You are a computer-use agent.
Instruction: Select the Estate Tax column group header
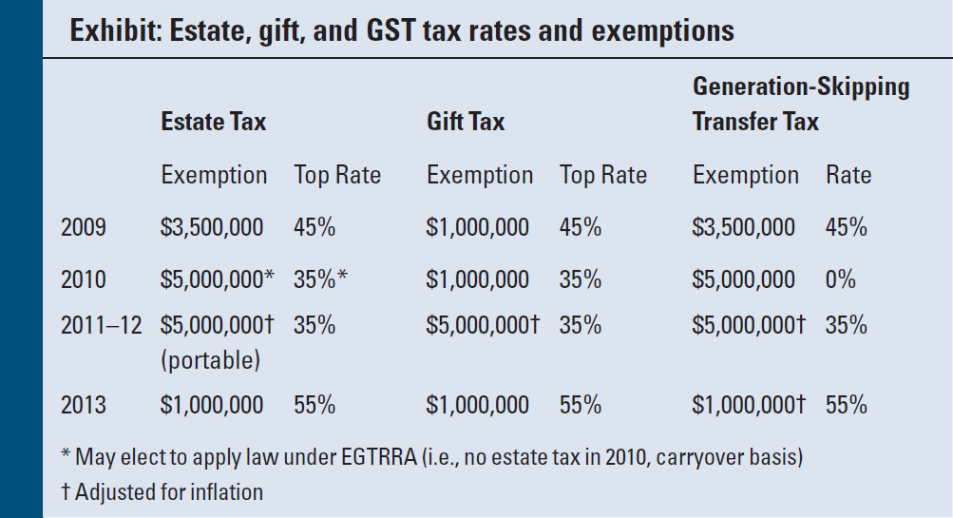tap(214, 122)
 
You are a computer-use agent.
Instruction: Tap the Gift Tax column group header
tap(466, 122)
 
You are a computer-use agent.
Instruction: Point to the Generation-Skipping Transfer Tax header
tap(800, 105)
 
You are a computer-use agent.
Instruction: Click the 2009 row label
tap(84, 227)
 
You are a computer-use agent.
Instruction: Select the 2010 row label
tap(84, 279)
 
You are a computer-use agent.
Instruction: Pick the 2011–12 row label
tap(101, 325)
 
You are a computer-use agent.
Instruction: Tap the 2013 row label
tap(84, 405)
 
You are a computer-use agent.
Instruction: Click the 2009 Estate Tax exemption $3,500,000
tap(212, 227)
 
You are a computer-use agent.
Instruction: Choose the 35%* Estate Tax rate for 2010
tap(320, 279)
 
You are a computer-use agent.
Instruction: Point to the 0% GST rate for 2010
tap(840, 279)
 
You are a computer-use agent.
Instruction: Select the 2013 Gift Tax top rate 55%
tap(580, 405)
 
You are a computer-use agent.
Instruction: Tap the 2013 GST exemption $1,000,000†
tap(749, 405)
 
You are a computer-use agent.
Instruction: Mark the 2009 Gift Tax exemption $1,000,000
tap(478, 227)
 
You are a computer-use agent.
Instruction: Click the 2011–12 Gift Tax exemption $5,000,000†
tap(483, 325)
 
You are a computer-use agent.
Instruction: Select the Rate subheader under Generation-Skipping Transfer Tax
tap(848, 175)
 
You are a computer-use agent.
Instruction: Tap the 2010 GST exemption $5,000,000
tap(744, 279)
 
